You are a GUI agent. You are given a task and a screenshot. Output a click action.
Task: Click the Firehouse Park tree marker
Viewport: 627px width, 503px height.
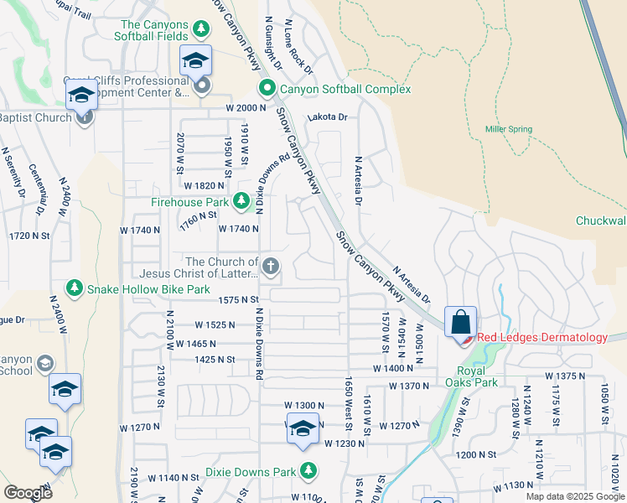[241, 201]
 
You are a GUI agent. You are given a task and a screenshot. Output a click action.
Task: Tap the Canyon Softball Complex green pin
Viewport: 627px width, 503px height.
[267, 88]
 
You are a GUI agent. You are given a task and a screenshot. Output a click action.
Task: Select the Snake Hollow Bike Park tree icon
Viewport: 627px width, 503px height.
[75, 288]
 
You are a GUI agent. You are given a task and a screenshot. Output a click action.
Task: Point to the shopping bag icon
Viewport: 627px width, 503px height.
[460, 323]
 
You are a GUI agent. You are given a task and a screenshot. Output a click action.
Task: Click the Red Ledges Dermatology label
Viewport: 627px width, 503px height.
[541, 338]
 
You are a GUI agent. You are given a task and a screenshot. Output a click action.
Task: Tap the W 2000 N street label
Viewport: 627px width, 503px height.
[245, 109]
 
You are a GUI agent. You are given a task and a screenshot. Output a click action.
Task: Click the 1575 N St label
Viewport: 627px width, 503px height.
[237, 299]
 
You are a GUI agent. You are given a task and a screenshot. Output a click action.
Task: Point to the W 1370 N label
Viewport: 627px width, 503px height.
[408, 386]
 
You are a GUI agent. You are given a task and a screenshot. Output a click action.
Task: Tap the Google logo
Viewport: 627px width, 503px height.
[28, 492]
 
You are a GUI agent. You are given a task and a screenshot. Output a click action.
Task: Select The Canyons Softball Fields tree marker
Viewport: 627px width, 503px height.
[201, 30]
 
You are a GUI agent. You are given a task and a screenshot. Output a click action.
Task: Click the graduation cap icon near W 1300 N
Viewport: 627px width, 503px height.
[302, 430]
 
